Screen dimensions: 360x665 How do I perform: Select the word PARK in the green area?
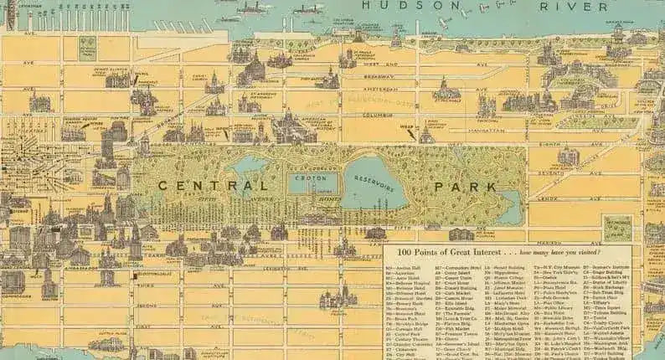(x=472, y=185)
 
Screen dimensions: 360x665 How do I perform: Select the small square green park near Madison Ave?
(x=618, y=227)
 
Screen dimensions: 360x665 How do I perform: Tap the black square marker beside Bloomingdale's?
(x=134, y=275)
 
